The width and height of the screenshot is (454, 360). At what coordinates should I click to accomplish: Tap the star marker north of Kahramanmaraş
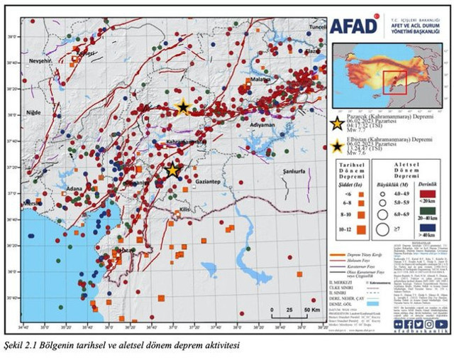pyautogui.click(x=183, y=107)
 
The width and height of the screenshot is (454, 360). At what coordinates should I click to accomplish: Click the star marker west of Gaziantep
pyautogui.click(x=172, y=170)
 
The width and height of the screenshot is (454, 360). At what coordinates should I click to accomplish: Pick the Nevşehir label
pyautogui.click(x=40, y=62)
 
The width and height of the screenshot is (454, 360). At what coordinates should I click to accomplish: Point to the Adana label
pyautogui.click(x=74, y=189)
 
